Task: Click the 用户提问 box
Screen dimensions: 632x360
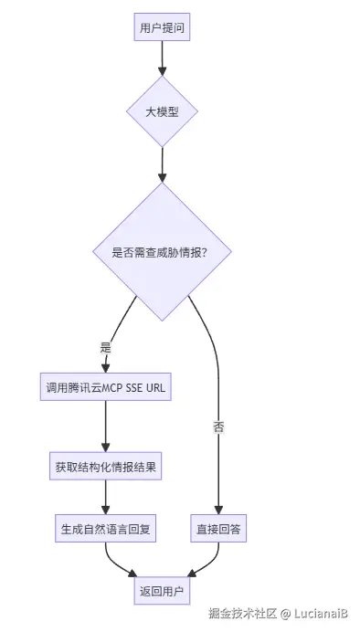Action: click(163, 28)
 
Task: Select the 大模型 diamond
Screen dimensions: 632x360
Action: click(163, 111)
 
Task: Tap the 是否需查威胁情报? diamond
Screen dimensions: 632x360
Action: click(163, 251)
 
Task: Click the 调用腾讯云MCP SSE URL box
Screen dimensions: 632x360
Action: click(106, 387)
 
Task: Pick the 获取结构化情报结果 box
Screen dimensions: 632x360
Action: click(106, 466)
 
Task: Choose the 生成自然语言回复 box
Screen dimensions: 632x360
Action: click(106, 528)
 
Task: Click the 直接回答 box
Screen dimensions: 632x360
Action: click(219, 528)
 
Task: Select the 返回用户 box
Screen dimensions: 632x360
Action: click(163, 592)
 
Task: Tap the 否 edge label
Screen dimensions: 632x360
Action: click(219, 427)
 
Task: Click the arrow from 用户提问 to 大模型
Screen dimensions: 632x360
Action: click(163, 58)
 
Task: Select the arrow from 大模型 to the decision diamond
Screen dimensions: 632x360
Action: click(163, 164)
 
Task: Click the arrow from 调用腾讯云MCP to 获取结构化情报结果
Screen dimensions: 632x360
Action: click(106, 426)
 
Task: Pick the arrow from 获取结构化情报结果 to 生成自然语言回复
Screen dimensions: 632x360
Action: click(106, 497)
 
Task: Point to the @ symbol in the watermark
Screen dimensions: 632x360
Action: click(285, 614)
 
